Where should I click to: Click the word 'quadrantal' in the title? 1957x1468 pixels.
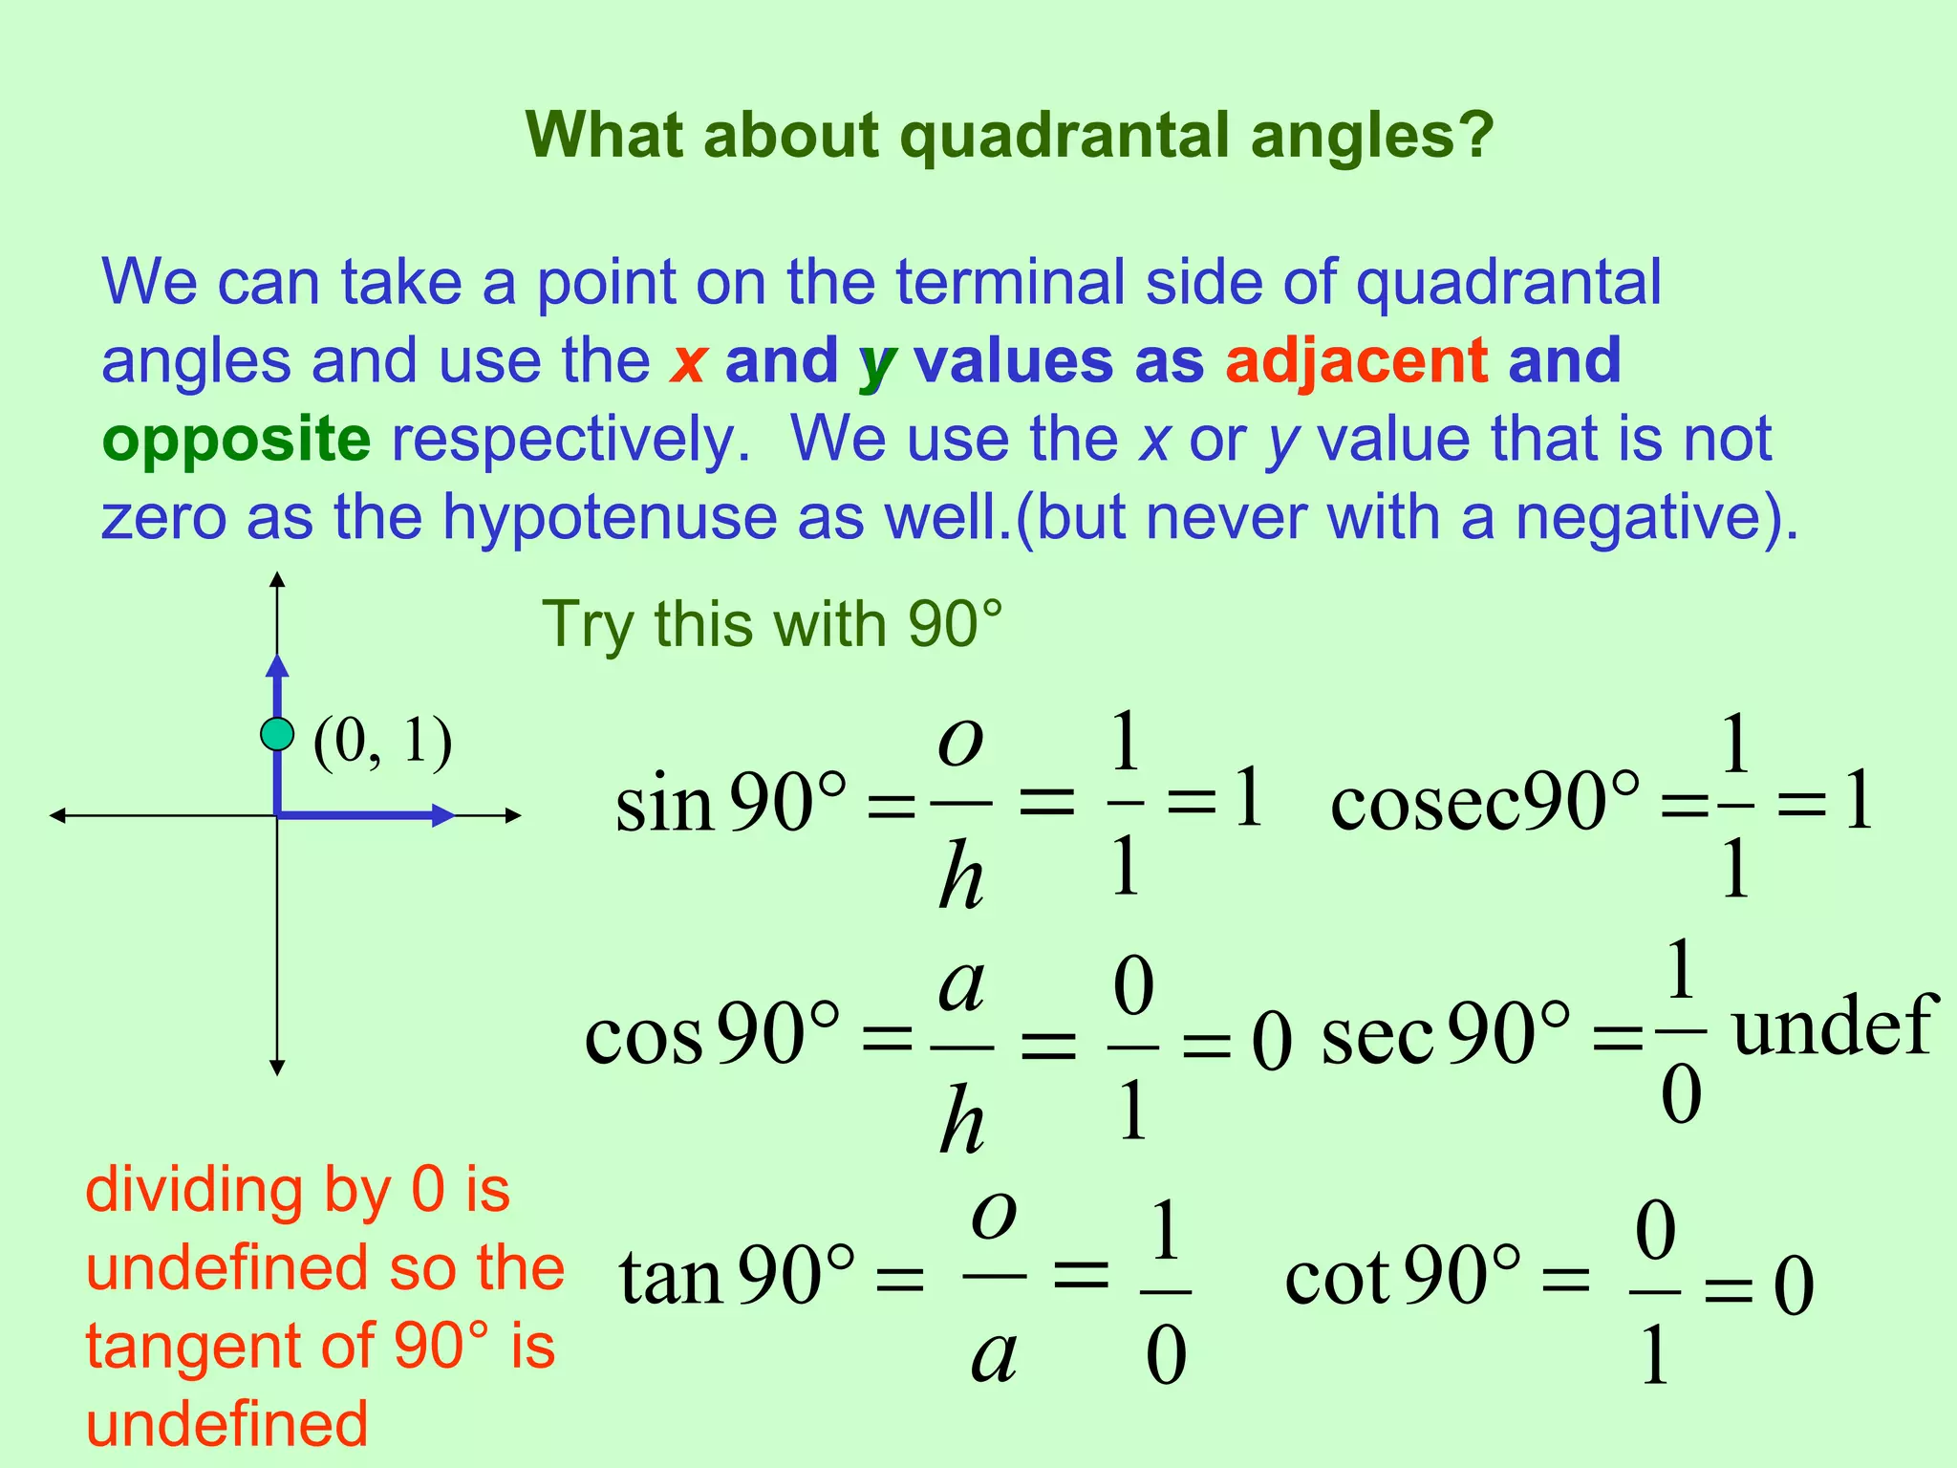1066,136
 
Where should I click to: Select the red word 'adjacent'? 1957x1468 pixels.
1356,361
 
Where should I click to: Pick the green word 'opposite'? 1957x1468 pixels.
236,441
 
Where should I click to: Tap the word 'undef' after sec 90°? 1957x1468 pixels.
1833,1025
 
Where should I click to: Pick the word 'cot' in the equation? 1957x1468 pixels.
1337,1278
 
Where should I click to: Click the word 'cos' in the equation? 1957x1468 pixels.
643,1038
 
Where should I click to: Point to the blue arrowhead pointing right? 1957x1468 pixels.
441,815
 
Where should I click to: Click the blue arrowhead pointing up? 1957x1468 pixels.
277,666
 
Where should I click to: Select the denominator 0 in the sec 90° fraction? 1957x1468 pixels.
1681,1094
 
